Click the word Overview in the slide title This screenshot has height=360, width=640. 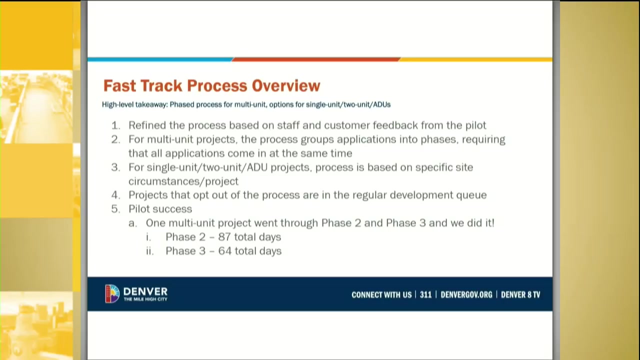pos(286,85)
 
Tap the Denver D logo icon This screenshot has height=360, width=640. pos(112,293)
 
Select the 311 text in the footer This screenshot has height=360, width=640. pos(425,294)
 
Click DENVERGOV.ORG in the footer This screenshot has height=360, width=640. pos(466,294)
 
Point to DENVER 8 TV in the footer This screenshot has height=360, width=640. pos(520,294)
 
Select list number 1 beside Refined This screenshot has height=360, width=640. pos(115,125)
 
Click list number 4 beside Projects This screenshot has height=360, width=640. pos(115,195)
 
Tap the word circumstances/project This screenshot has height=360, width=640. pos(183,181)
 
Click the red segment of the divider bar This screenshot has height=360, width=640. pos(316,59)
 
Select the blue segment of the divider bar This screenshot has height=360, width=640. pos(160,59)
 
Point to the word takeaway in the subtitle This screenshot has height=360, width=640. pos(151,104)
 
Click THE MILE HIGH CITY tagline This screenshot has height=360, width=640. pos(145,299)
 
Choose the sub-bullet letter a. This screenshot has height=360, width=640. pos(132,223)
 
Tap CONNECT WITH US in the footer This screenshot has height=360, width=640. pos(381,294)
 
